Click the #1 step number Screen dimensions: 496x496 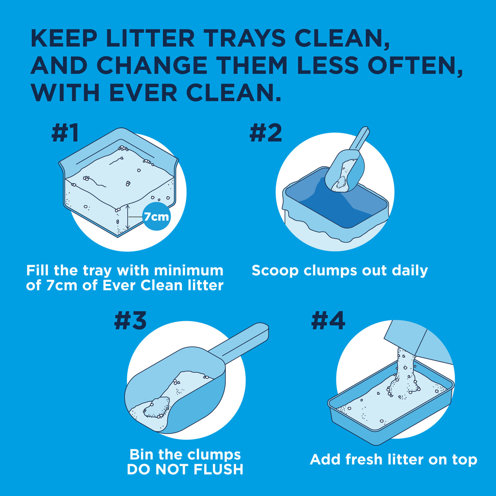[65, 133]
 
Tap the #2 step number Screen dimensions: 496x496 [266, 133]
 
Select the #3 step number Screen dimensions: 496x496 [130, 320]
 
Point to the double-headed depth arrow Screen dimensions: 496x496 [128, 217]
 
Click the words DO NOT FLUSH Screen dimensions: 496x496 [185, 470]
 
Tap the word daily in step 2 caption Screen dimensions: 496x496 [410, 270]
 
